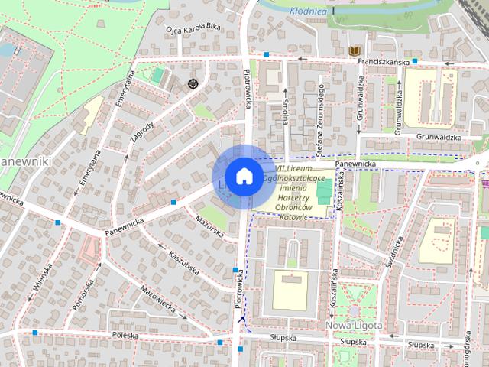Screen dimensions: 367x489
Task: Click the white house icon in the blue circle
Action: (x=243, y=176)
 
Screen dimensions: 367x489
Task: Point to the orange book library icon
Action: (x=354, y=50)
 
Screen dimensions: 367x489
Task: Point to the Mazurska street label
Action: (x=208, y=226)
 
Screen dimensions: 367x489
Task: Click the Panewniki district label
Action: (x=24, y=162)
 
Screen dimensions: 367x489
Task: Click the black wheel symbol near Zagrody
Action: (x=193, y=83)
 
